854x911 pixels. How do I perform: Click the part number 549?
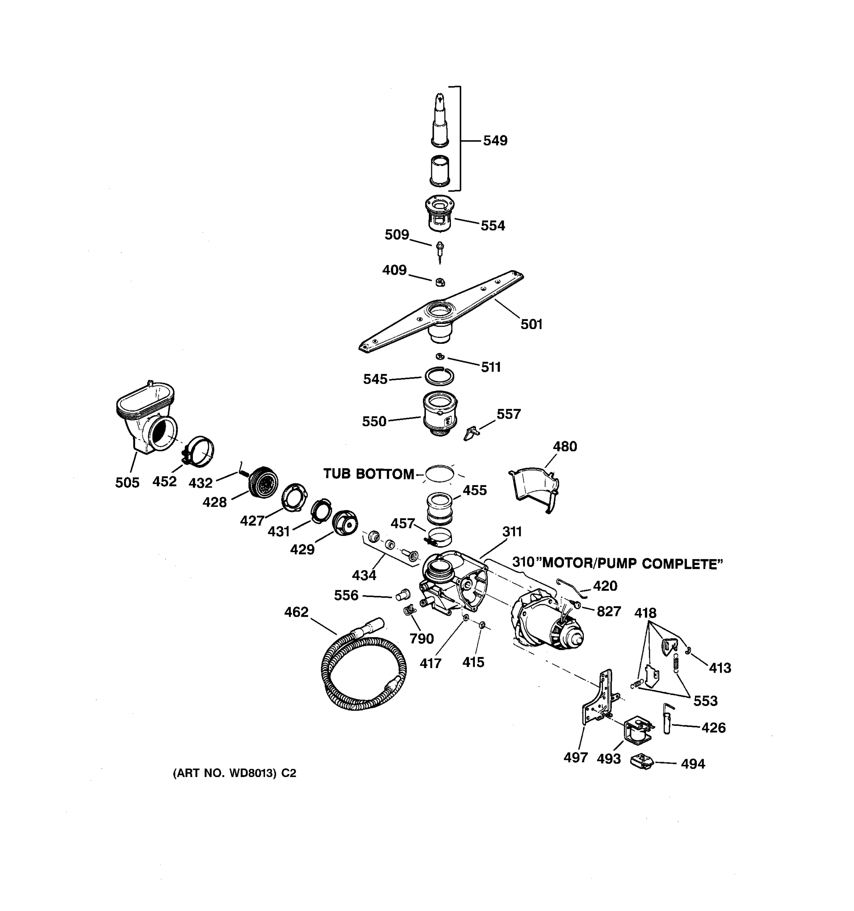[x=495, y=141]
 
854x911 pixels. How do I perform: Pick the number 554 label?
[x=493, y=225]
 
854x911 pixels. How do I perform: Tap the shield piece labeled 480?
[x=534, y=488]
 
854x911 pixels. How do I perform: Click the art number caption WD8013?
[x=234, y=774]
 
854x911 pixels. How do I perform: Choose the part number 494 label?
[x=692, y=764]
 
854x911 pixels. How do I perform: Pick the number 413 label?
[x=719, y=668]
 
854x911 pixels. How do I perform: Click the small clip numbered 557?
[x=471, y=433]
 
